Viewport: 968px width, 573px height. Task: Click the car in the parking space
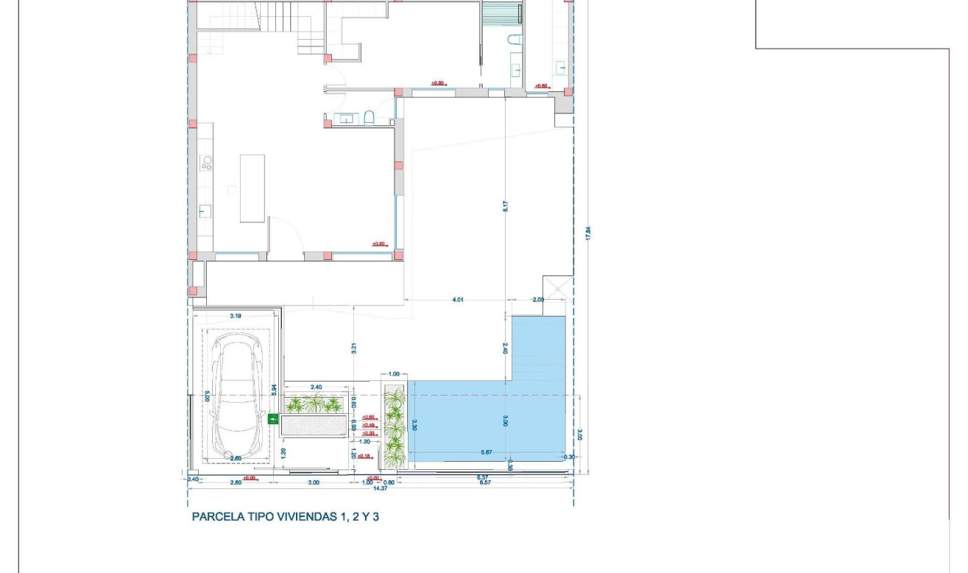tap(237, 397)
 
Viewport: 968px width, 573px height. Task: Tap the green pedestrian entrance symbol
tap(274, 420)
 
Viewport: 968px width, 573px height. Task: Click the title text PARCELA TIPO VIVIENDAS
tap(285, 517)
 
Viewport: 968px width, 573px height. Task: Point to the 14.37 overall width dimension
tap(380, 488)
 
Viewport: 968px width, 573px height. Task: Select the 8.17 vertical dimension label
tap(506, 206)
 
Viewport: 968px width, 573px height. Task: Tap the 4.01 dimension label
tap(457, 300)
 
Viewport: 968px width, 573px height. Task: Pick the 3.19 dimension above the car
tap(236, 316)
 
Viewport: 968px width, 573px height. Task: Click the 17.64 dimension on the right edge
tap(587, 233)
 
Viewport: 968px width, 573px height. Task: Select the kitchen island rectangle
tap(252, 188)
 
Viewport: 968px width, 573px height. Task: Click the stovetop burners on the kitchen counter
tap(206, 164)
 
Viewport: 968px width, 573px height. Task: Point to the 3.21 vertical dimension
tap(354, 348)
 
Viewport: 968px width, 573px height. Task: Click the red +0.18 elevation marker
tap(364, 457)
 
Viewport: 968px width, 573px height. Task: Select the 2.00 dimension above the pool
tap(538, 300)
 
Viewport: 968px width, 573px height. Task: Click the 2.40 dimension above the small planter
tap(317, 387)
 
